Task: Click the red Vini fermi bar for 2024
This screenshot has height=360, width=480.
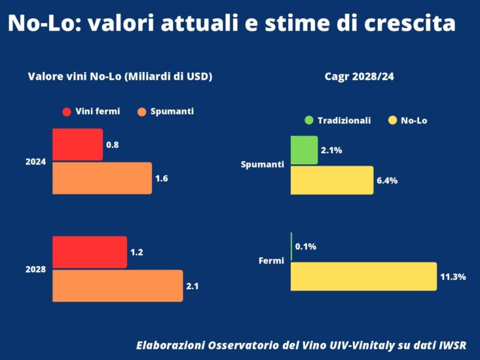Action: pos(77,145)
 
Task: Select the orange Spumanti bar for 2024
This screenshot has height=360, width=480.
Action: pos(102,178)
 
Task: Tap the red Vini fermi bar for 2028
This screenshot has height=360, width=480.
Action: pos(90,252)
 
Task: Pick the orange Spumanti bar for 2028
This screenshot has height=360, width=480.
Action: pos(117,286)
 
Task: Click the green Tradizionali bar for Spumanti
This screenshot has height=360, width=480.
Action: pos(304,151)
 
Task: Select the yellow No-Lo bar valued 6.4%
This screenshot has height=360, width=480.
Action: pos(331,180)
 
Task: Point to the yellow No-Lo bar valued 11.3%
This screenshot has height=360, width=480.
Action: pos(363,276)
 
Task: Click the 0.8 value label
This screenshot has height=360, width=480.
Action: pos(112,145)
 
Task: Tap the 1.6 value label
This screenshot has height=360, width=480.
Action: pos(162,178)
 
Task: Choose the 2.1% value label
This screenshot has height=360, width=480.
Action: pos(331,151)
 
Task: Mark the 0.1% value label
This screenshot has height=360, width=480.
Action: pos(306,247)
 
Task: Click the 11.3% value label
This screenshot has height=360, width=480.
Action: pos(452,277)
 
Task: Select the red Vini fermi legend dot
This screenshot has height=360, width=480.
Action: pos(67,112)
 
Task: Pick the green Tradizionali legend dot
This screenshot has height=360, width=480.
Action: pos(309,120)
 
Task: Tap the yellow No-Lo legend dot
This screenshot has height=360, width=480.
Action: pos(393,120)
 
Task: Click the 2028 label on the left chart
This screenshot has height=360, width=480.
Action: pos(35,269)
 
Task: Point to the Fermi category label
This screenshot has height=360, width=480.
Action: pos(271,261)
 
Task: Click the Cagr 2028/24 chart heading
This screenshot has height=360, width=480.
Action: pos(359,77)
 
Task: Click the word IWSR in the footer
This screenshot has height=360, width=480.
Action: pos(451,345)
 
